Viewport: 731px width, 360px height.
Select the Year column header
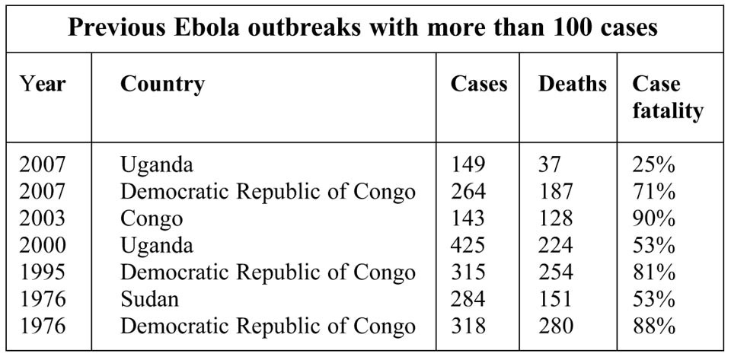(43, 84)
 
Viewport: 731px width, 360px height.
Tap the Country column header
(162, 84)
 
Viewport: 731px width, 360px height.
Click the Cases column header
(479, 84)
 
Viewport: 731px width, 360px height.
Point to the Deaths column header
(573, 84)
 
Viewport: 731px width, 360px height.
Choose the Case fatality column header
(667, 97)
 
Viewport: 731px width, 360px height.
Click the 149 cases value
(468, 164)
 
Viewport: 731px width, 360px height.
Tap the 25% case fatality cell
(653, 164)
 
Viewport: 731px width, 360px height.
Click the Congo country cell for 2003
(152, 219)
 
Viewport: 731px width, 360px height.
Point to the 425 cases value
(468, 246)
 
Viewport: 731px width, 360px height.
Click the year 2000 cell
(43, 246)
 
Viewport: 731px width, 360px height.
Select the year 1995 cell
(43, 272)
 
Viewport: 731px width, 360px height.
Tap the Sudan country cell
(149, 300)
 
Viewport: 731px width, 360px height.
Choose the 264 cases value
(468, 191)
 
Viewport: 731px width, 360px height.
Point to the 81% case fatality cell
(653, 272)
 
